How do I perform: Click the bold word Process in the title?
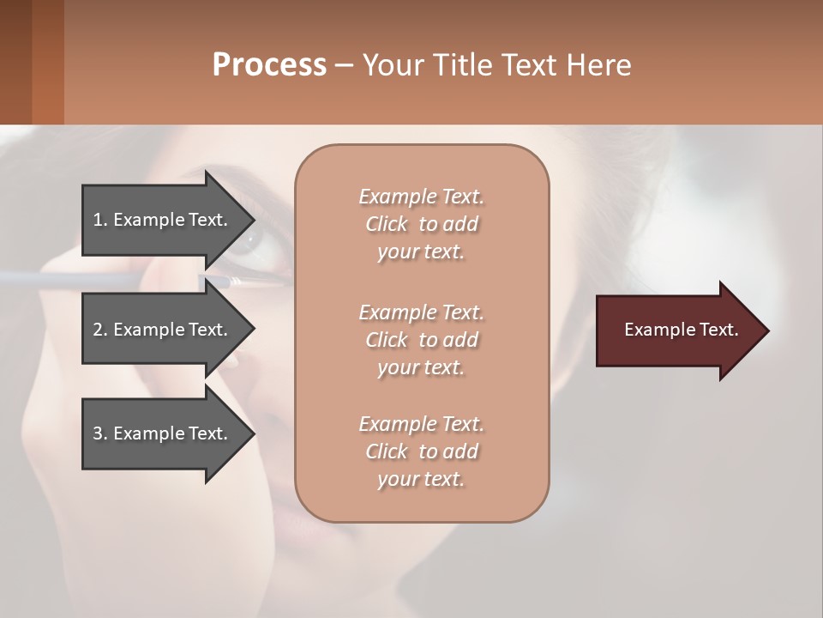(x=269, y=65)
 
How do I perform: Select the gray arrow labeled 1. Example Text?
(x=163, y=220)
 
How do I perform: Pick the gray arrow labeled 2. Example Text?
(x=163, y=330)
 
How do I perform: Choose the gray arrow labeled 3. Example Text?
(x=163, y=433)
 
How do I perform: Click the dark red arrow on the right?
(x=677, y=330)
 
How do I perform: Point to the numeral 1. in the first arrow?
(x=100, y=220)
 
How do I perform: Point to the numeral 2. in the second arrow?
(x=100, y=330)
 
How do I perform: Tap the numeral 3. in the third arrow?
(x=100, y=433)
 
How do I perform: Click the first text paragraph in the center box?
(x=421, y=224)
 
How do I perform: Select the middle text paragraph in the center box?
(x=421, y=340)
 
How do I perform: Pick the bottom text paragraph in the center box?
(x=421, y=451)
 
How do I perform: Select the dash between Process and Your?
(x=344, y=66)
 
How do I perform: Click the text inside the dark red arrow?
(x=681, y=330)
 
